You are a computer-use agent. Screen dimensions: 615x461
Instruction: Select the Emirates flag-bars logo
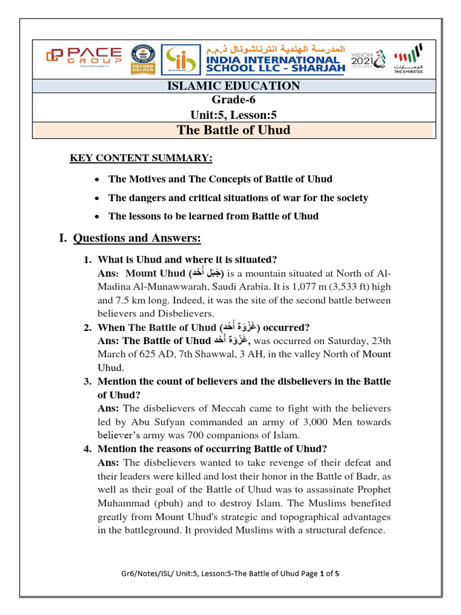pyautogui.click(x=408, y=58)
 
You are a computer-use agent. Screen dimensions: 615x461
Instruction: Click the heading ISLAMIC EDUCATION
pyautogui.click(x=232, y=86)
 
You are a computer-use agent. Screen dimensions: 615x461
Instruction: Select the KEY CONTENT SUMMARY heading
pyautogui.click(x=141, y=158)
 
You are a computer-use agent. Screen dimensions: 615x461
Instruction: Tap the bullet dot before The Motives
pyautogui.click(x=98, y=180)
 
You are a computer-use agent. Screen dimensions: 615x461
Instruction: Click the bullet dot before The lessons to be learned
pyautogui.click(x=98, y=216)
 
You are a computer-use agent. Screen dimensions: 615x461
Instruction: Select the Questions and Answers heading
pyautogui.click(x=136, y=238)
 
